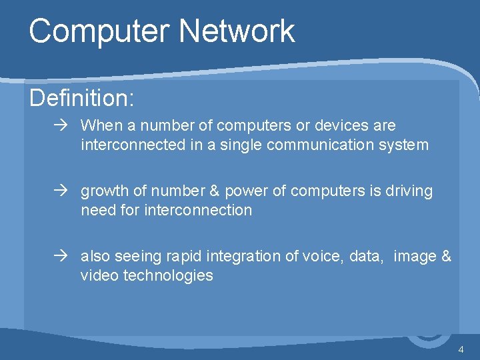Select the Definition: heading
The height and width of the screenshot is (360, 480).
tap(82, 99)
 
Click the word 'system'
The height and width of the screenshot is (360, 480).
tap(404, 145)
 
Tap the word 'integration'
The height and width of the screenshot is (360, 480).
tap(244, 257)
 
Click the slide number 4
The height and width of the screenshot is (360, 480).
tap(461, 350)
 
